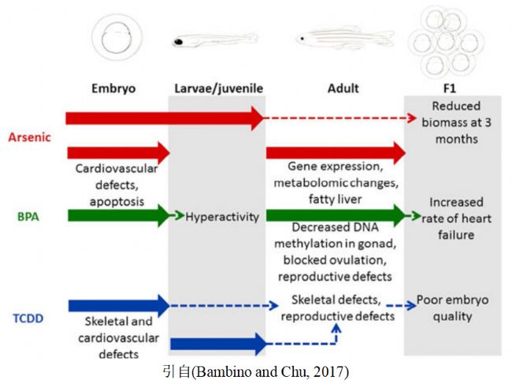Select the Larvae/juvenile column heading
[217, 88]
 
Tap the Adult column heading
[343, 88]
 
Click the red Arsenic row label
[29, 137]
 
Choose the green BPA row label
[29, 214]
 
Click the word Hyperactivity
[222, 216]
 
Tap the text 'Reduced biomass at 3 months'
[455, 122]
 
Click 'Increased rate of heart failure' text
[455, 217]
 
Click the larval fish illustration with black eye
[214, 39]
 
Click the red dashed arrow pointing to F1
[339, 118]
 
